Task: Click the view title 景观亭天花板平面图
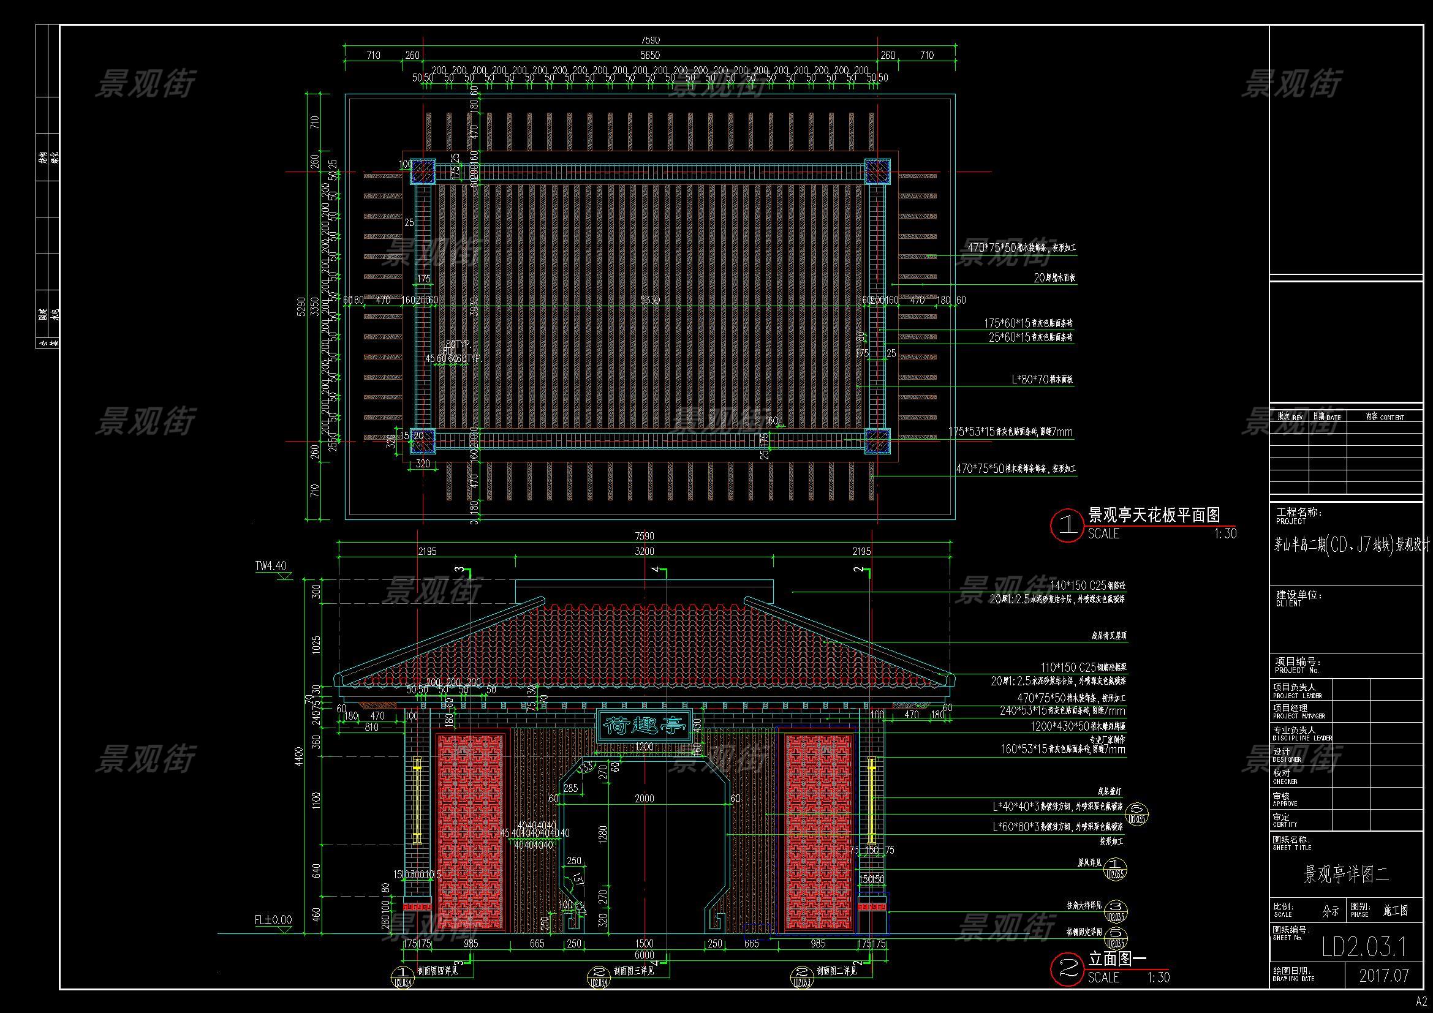click(x=1154, y=514)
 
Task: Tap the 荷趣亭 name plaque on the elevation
click(x=644, y=725)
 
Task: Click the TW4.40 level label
click(x=270, y=566)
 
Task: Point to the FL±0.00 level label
click(x=273, y=919)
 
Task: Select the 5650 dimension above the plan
click(x=649, y=55)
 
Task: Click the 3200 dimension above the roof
click(x=644, y=551)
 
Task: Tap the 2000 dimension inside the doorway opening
click(x=644, y=799)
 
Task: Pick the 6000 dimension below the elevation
click(x=644, y=955)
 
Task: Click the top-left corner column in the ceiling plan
click(x=423, y=171)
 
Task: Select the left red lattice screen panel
click(x=471, y=832)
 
